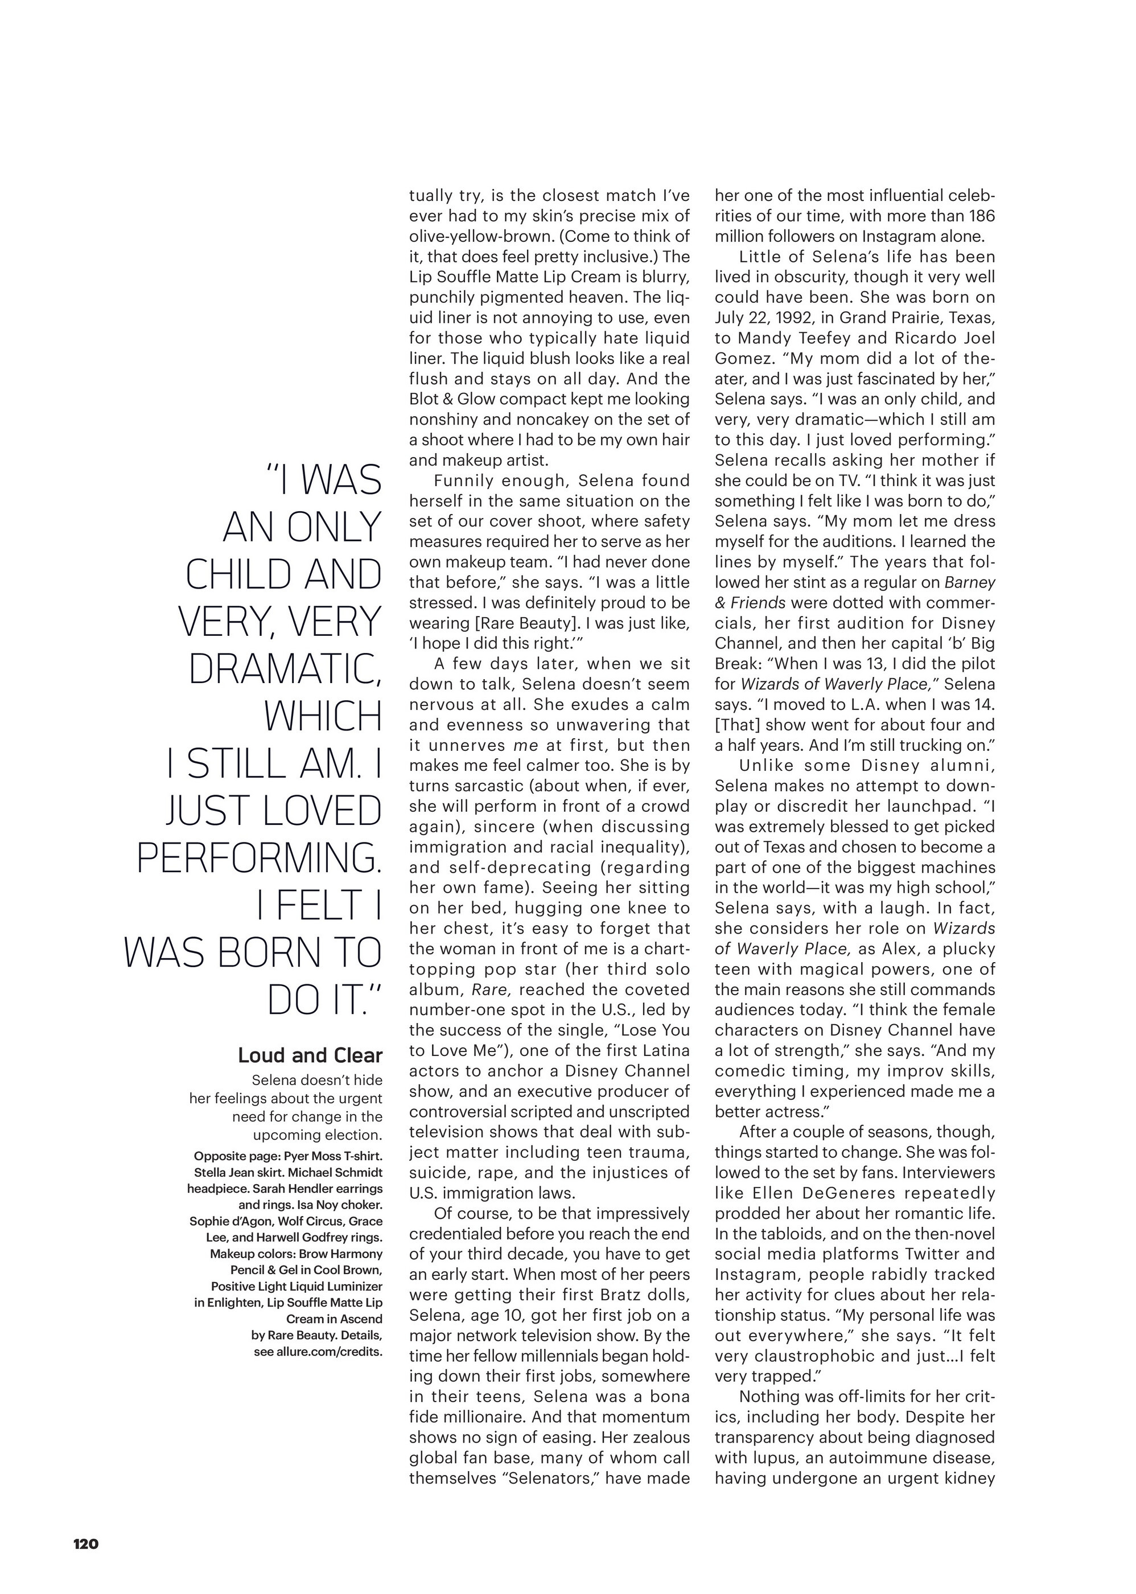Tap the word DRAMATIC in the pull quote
click(x=285, y=669)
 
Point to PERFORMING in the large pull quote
click(x=260, y=858)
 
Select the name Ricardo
click(x=922, y=338)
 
